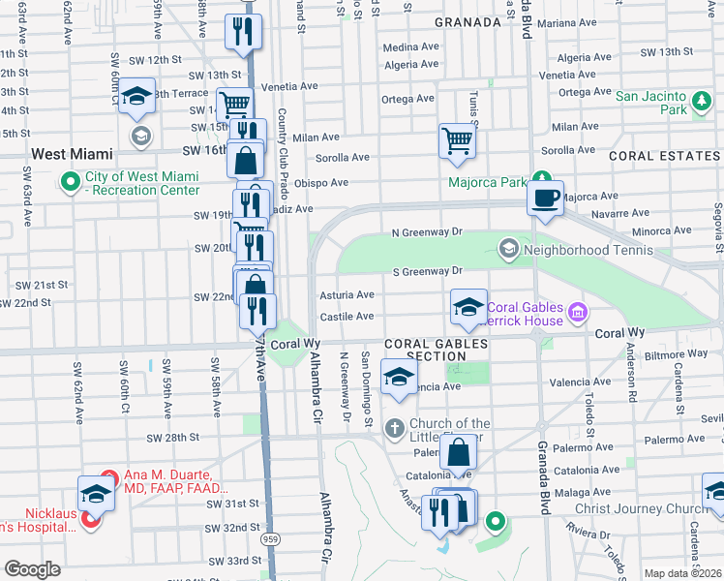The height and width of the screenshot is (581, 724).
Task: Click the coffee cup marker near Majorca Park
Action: click(545, 197)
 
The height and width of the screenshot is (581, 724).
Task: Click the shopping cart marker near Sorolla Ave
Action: click(457, 140)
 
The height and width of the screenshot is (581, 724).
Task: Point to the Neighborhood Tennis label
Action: click(576, 251)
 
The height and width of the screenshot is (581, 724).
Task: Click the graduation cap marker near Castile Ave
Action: click(468, 308)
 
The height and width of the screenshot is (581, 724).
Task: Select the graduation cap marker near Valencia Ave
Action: click(397, 378)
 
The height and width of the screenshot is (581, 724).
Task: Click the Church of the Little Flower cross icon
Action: click(395, 428)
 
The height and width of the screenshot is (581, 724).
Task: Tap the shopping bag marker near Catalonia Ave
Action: click(458, 452)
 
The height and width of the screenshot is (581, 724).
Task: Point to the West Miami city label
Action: click(73, 154)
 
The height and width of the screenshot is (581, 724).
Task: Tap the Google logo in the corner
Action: click(32, 569)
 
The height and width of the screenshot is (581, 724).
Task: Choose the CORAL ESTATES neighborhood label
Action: click(664, 155)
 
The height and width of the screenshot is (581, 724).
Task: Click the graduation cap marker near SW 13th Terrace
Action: click(137, 96)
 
